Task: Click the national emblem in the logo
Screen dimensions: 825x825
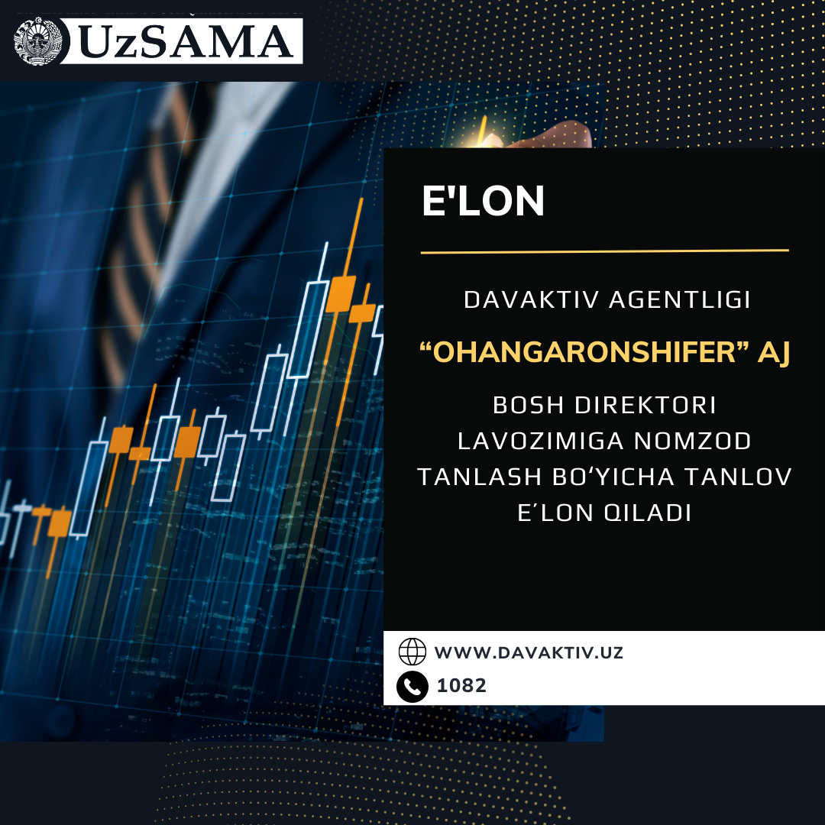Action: tap(38, 41)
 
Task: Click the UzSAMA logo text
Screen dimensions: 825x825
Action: tap(186, 41)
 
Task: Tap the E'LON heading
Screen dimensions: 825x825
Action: tap(483, 201)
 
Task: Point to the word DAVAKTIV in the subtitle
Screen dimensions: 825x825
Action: tap(532, 300)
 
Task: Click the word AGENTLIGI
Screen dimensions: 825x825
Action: tap(679, 300)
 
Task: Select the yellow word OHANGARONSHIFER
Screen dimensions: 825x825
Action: tap(584, 352)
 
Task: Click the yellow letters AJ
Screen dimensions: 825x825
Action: tap(773, 352)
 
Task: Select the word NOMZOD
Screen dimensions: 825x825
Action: tap(692, 441)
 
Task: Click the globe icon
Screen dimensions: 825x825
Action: tap(412, 652)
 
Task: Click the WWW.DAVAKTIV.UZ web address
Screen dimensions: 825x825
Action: tap(529, 653)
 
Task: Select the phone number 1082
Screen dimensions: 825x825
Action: tap(461, 685)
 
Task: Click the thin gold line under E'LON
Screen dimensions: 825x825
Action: tap(604, 251)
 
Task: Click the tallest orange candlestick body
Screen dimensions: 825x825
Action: tap(341, 293)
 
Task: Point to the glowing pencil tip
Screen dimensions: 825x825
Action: tap(483, 130)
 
